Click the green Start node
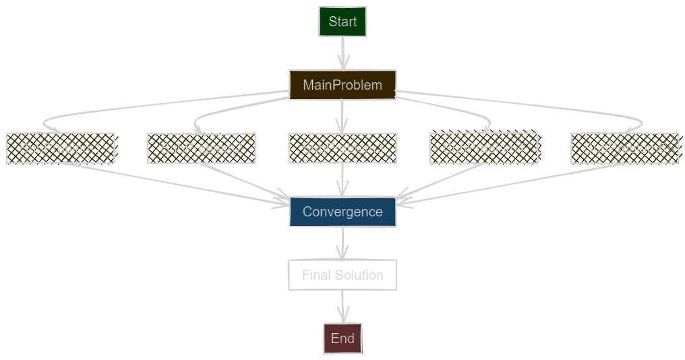342,22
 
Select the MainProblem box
342,85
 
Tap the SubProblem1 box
60,148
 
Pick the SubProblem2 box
201,148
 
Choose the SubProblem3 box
342,148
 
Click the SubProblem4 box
483,148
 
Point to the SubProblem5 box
624,148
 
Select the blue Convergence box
342,212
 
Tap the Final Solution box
342,275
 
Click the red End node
342,338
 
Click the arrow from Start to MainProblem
342,53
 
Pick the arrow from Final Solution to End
342,307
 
